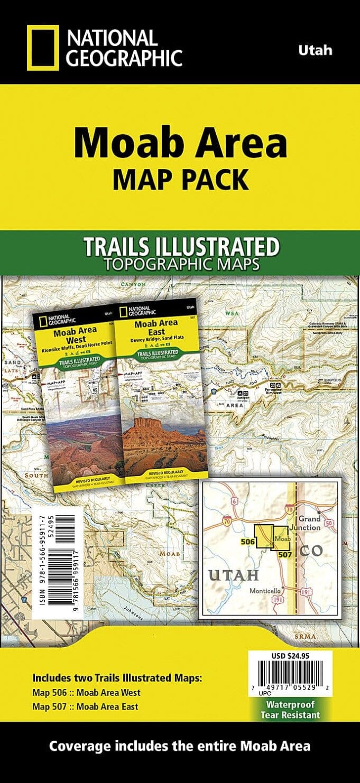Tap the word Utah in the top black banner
pyautogui.click(x=315, y=51)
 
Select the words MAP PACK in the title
pyautogui.click(x=180, y=180)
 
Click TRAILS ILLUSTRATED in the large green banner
pyautogui.click(x=180, y=246)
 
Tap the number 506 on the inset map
pyautogui.click(x=248, y=542)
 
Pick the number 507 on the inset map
pyautogui.click(x=285, y=554)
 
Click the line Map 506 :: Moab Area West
pyautogui.click(x=87, y=693)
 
